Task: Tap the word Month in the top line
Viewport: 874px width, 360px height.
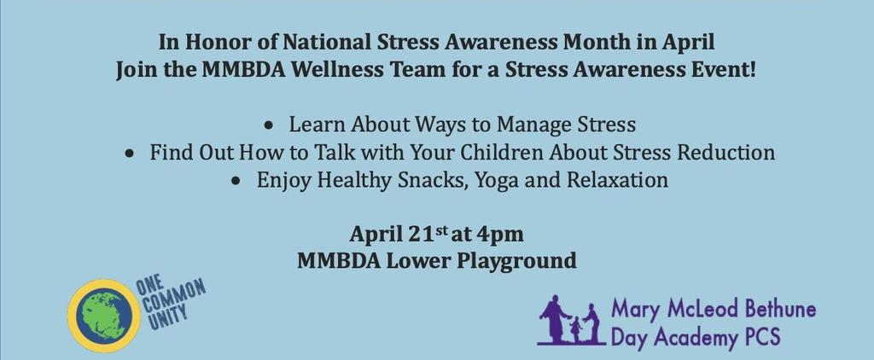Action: [589, 43]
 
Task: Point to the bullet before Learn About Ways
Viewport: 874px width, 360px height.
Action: [269, 126]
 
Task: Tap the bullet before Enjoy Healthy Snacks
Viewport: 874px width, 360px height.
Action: [237, 182]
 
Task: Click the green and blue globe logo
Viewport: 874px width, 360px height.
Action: [104, 316]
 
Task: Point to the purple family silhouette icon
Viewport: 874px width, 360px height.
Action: [570, 321]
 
